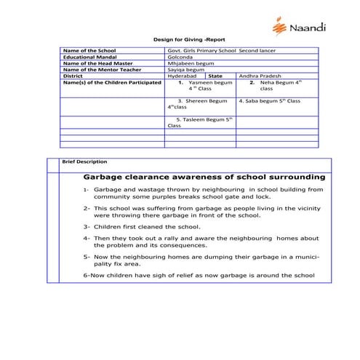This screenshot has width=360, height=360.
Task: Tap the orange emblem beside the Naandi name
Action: (279, 27)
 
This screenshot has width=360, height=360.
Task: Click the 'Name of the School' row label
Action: (89, 51)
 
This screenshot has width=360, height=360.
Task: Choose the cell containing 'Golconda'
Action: (180, 57)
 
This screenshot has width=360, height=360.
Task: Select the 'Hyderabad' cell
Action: (181, 76)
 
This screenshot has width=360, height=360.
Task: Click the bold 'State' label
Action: (216, 76)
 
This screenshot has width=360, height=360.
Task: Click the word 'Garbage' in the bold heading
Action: (106, 176)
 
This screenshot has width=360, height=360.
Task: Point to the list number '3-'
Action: (87, 226)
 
